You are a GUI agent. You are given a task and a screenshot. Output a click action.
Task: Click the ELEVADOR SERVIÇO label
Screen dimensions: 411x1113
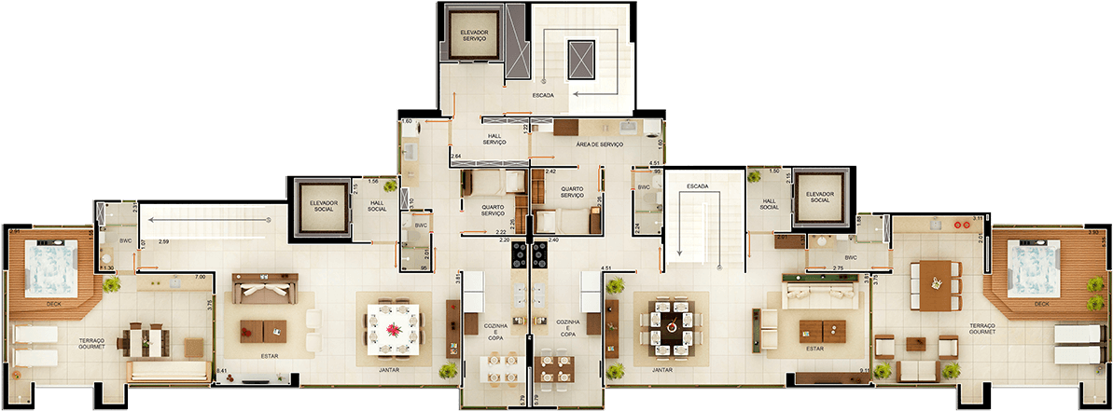pyautogui.click(x=474, y=35)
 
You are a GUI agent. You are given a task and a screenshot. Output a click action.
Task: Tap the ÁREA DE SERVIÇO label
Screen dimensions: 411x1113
pyautogui.click(x=599, y=144)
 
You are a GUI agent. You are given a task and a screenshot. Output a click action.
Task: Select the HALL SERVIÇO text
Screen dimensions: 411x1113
pyautogui.click(x=494, y=139)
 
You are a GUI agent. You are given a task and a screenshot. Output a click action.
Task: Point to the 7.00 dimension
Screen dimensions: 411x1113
pyautogui.click(x=200, y=277)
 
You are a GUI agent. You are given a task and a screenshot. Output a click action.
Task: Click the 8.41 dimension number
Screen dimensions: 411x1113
pyautogui.click(x=222, y=371)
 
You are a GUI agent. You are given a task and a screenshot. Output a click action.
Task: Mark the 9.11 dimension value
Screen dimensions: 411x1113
pyautogui.click(x=865, y=371)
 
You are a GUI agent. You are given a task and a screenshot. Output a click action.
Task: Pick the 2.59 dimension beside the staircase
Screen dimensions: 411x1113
pyautogui.click(x=163, y=242)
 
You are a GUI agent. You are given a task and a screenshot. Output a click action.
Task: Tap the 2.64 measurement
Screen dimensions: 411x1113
pyautogui.click(x=456, y=156)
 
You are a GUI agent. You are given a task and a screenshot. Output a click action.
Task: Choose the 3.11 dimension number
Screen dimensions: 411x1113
pyautogui.click(x=978, y=218)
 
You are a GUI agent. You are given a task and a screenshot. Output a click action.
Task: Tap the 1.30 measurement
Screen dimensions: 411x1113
pyautogui.click(x=108, y=268)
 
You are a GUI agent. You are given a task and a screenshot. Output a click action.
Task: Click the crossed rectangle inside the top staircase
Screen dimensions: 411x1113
pyautogui.click(x=581, y=61)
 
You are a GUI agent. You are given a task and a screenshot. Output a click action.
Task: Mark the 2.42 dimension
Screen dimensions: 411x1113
pyautogui.click(x=550, y=172)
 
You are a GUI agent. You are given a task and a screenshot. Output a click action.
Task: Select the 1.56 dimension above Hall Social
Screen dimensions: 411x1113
pyautogui.click(x=373, y=181)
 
